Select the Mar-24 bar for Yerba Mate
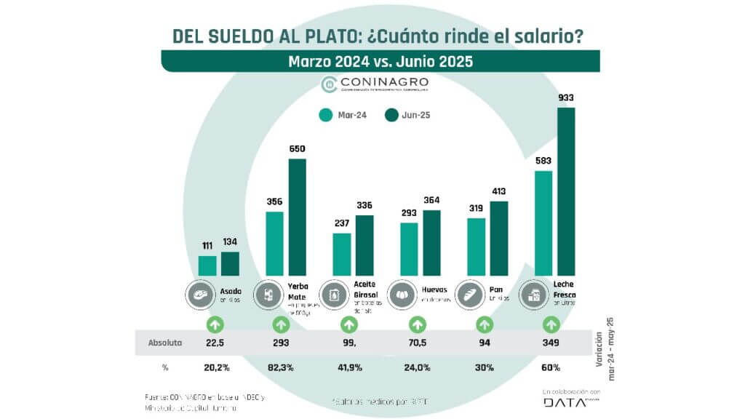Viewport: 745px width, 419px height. click(274, 244)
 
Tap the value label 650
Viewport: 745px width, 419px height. click(297, 149)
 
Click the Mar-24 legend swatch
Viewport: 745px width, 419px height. click(325, 114)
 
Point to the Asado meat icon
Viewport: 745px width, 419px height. click(199, 295)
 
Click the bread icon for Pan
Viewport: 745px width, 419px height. click(468, 295)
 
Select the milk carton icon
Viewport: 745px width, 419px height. click(535, 295)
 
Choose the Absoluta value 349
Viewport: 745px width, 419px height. click(551, 342)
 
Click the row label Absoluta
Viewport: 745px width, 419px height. click(165, 342)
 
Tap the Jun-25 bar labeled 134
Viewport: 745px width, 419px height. click(230, 264)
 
